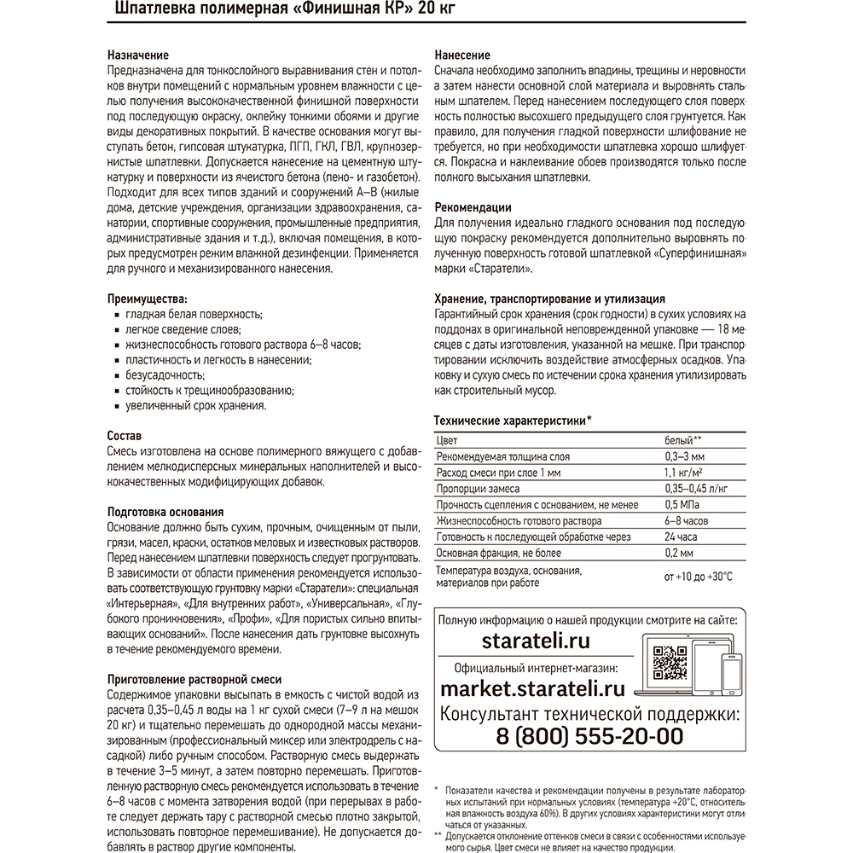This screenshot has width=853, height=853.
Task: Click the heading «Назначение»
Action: (x=138, y=55)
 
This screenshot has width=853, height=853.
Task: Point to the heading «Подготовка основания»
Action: (x=165, y=512)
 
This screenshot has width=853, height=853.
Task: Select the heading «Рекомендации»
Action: (x=473, y=206)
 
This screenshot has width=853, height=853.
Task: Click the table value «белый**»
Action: (x=682, y=441)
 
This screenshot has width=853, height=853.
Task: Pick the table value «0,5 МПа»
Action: (x=682, y=504)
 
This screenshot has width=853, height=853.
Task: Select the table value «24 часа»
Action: (x=681, y=537)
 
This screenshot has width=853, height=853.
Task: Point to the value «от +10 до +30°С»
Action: (x=698, y=577)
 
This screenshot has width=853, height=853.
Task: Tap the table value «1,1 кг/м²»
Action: (x=684, y=473)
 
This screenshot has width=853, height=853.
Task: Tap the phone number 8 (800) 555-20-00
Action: (x=590, y=736)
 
